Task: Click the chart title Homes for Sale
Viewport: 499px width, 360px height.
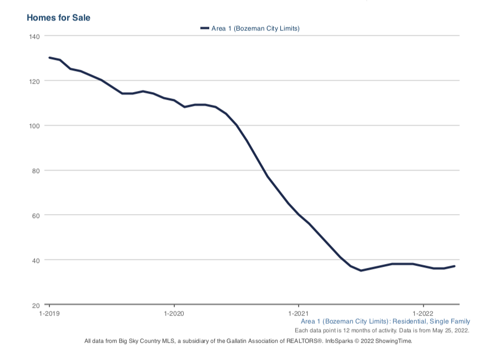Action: pyautogui.click(x=58, y=18)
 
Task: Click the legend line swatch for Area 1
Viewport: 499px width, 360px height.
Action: pyautogui.click(x=204, y=28)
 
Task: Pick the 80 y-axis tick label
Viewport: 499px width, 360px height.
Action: pyautogui.click(x=36, y=170)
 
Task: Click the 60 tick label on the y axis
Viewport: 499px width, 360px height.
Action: pyautogui.click(x=36, y=215)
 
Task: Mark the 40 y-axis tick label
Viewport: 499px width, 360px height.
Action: pyautogui.click(x=36, y=260)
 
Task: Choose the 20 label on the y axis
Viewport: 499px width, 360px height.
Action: pyautogui.click(x=36, y=305)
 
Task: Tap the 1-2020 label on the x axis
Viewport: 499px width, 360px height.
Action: pyautogui.click(x=174, y=313)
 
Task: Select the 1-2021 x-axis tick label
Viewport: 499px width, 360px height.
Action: pyautogui.click(x=298, y=313)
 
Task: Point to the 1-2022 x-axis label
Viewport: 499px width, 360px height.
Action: pyautogui.click(x=423, y=313)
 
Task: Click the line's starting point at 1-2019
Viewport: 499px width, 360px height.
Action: pyautogui.click(x=49, y=58)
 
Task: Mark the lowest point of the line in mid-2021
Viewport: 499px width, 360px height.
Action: pyautogui.click(x=361, y=271)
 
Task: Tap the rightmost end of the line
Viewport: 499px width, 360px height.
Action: pyautogui.click(x=455, y=266)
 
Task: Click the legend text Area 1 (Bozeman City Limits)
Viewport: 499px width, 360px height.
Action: pyautogui.click(x=255, y=28)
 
